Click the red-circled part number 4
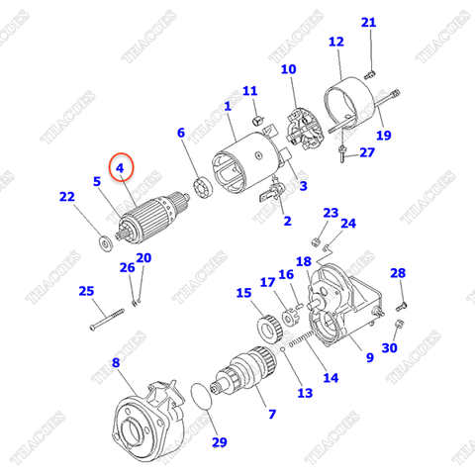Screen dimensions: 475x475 (122, 168)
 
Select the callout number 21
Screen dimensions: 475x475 (368, 23)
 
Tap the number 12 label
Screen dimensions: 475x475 (335, 42)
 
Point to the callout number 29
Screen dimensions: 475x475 (219, 441)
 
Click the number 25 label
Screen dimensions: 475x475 (86, 290)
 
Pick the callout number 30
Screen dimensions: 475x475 (389, 348)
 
